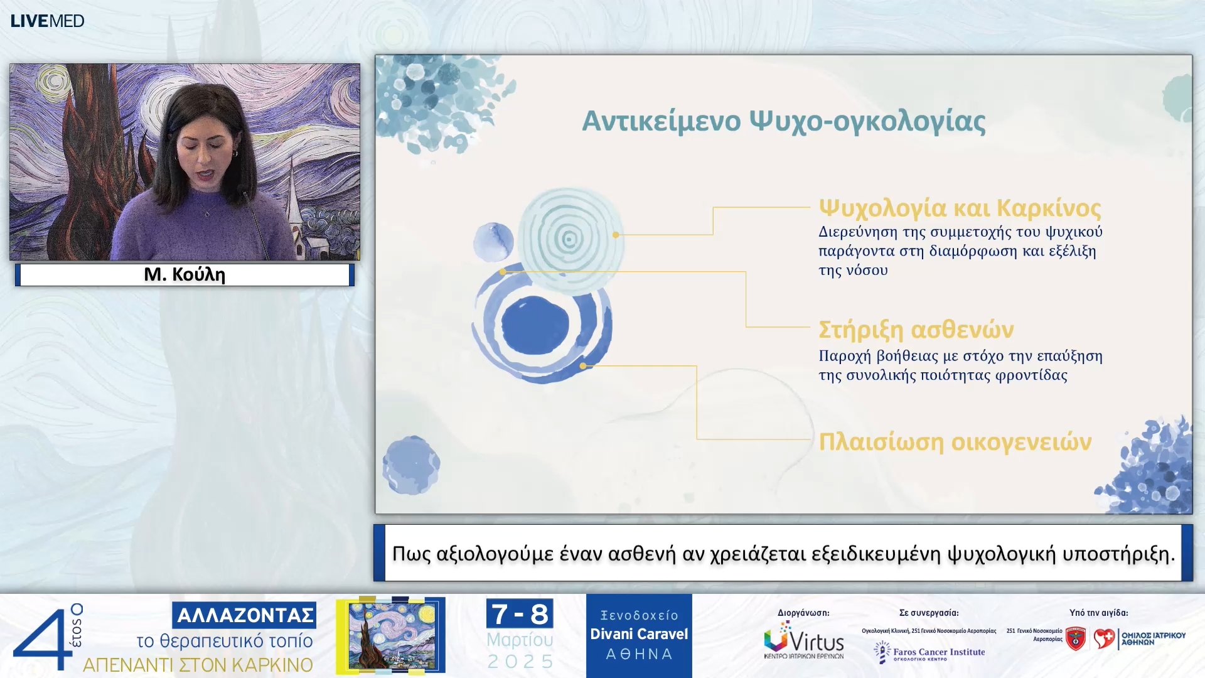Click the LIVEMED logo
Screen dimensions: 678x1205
pos(47,21)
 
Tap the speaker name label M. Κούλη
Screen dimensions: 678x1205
pos(185,274)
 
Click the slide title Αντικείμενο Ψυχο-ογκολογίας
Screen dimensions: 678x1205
pos(783,121)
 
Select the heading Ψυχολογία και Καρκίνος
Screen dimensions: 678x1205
pos(960,208)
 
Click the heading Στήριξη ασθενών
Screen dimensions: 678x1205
pos(916,330)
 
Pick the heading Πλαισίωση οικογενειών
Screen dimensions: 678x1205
pos(955,442)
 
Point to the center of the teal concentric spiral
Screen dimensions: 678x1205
pos(569,239)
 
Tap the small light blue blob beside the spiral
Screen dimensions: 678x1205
pos(493,242)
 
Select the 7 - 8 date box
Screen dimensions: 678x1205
pos(520,614)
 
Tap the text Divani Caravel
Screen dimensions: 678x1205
pos(639,634)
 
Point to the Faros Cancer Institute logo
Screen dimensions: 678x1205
pos(929,653)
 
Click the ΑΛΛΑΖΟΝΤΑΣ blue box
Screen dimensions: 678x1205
pos(244,615)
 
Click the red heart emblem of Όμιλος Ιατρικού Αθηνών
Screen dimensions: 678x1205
pos(1105,638)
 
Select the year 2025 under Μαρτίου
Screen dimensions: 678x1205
pos(520,662)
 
